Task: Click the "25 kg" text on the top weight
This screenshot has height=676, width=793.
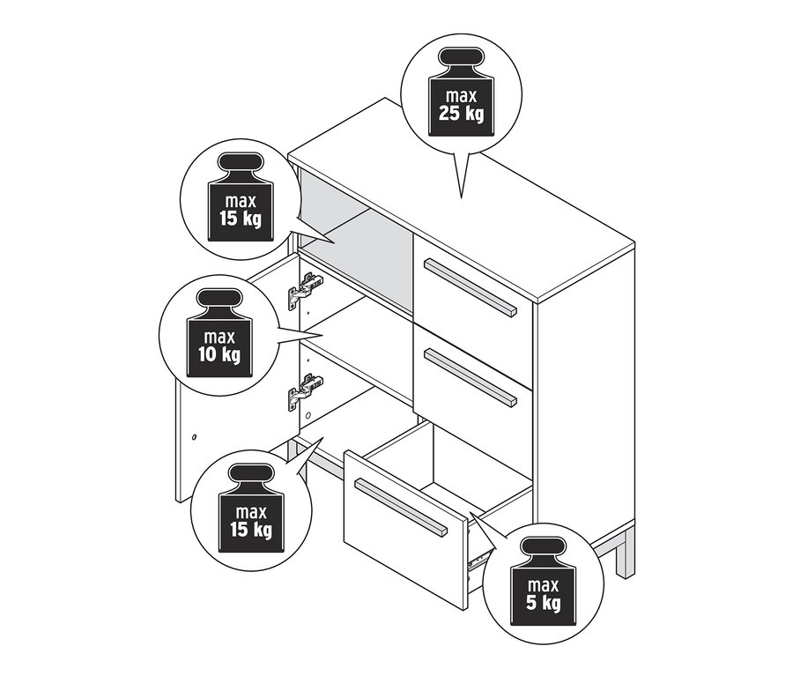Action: (461, 114)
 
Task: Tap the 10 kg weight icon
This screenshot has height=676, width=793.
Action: (219, 333)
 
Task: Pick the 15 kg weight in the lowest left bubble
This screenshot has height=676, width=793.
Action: (251, 509)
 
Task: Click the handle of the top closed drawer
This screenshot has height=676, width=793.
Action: (471, 287)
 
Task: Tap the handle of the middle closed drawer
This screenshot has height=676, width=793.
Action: (471, 377)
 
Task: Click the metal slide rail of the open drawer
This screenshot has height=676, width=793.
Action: (479, 557)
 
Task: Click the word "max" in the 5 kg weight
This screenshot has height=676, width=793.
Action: (543, 585)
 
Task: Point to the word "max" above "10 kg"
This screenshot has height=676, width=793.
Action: (219, 337)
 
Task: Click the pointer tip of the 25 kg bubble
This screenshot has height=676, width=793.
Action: (461, 197)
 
